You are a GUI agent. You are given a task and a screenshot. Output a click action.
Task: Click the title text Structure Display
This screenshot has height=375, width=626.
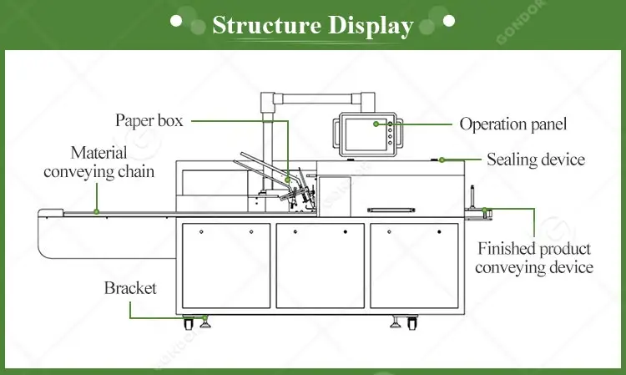click(x=312, y=25)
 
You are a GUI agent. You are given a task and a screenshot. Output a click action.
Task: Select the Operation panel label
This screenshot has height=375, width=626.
click(x=513, y=124)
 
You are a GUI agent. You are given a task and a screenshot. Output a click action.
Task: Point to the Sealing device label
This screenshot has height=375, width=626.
click(x=535, y=159)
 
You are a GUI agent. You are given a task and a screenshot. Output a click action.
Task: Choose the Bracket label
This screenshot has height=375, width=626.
click(x=130, y=288)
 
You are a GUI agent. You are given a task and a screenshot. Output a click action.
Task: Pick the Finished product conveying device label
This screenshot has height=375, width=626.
click(x=535, y=258)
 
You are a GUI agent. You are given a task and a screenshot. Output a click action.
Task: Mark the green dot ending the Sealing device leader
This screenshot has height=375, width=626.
click(x=442, y=159)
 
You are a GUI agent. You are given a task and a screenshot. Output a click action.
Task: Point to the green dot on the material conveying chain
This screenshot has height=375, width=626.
click(x=97, y=211)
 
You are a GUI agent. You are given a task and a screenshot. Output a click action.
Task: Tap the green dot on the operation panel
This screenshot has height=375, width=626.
click(x=376, y=124)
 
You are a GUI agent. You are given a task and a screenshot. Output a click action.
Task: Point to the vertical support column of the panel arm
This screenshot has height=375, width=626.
click(x=269, y=142)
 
